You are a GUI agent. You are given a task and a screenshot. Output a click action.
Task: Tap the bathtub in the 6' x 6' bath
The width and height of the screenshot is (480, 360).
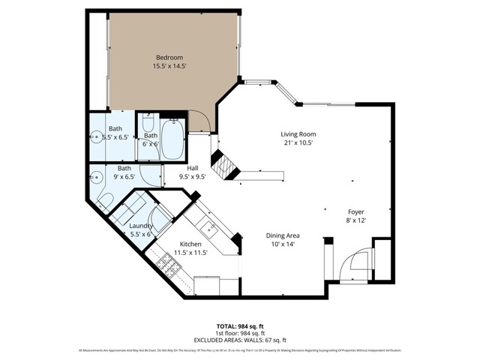click(x=172, y=139)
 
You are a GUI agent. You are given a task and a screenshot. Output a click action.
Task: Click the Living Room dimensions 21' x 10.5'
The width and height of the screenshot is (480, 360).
click(x=297, y=142)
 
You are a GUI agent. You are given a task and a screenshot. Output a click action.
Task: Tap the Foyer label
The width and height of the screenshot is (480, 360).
click(x=356, y=211)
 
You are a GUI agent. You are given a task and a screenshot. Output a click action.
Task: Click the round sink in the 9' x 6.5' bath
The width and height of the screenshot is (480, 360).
click(x=96, y=178)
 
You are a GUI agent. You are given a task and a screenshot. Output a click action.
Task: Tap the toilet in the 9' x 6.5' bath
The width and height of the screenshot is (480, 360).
click(x=106, y=199)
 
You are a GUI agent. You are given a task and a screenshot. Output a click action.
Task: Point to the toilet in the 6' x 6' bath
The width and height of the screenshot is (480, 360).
click(x=148, y=124)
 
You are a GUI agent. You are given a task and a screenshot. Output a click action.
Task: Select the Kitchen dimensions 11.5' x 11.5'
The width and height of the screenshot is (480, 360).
click(x=190, y=252)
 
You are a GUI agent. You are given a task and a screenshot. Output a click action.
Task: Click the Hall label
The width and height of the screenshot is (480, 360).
click(x=193, y=168)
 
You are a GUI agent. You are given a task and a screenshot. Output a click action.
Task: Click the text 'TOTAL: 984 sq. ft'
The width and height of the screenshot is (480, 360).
click(x=239, y=326)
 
